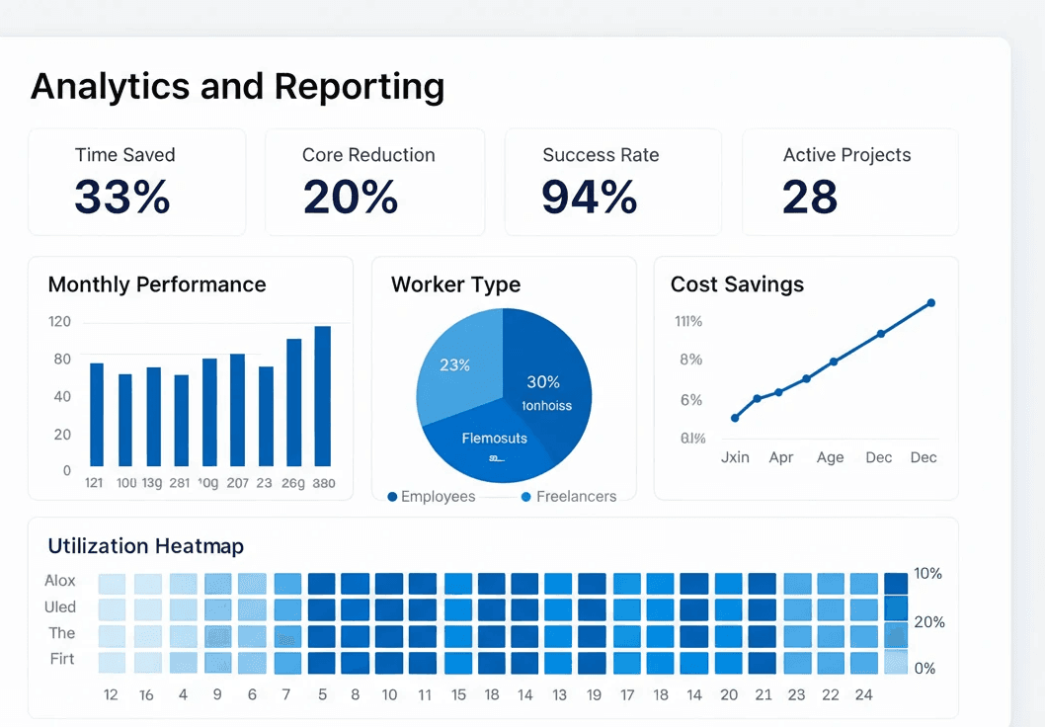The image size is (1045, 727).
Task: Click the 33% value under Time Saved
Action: pos(122,197)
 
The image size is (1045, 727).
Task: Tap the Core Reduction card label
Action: pos(368,155)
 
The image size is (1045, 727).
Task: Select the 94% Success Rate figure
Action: pos(589,197)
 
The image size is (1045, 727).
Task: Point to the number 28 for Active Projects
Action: pos(810,197)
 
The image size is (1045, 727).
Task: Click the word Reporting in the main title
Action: pos(360,87)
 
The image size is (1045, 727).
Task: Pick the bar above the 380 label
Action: pos(323,396)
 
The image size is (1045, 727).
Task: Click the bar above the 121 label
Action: pos(97,415)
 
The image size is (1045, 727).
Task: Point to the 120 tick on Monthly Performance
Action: pos(59,321)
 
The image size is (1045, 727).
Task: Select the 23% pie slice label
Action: pos(454,365)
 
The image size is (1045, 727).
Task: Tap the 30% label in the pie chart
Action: pos(543,382)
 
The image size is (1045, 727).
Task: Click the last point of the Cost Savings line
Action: pos(930,303)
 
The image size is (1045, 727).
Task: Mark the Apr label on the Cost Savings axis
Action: pos(781,457)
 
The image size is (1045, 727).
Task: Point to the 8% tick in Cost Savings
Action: pos(690,360)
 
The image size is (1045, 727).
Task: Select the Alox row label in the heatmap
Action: pos(60,581)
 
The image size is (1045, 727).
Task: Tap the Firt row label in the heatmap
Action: pos(61,659)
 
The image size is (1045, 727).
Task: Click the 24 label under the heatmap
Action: pos(864,695)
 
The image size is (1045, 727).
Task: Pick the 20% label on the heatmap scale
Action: pos(929,622)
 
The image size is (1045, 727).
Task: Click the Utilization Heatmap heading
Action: pos(145,546)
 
